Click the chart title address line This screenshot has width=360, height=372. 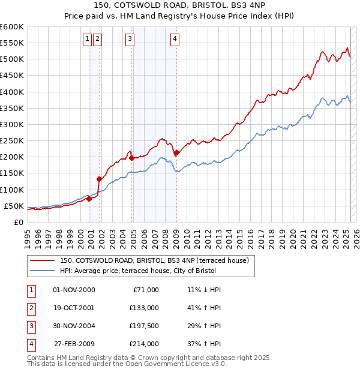coord(179,7)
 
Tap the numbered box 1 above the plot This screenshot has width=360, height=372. coord(88,40)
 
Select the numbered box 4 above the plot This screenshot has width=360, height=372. coord(175,40)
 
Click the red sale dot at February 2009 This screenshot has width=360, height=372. coord(176,153)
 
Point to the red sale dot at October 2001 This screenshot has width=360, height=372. coord(98,179)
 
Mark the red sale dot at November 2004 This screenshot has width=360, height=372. coord(131,158)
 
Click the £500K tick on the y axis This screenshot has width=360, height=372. coord(12,59)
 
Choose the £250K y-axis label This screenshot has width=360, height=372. coord(12,141)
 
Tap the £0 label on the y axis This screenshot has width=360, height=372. coord(19,223)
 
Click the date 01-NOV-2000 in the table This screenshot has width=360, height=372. coord(74,290)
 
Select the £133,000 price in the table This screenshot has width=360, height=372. coord(143,308)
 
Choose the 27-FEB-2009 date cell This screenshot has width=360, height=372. coord(74,344)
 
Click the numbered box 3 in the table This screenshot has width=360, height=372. coord(31,326)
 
